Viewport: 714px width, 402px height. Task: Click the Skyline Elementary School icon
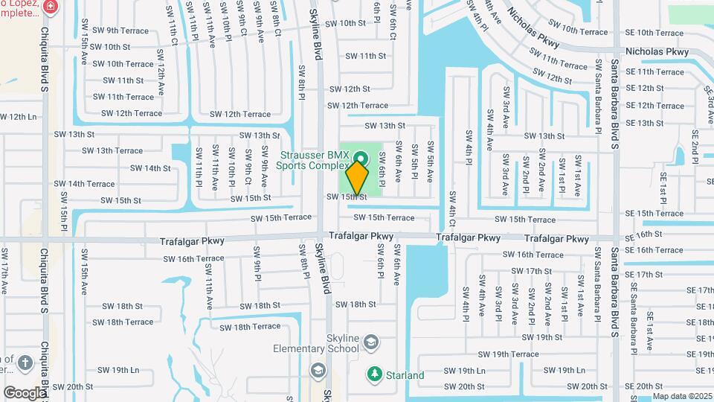[370, 343]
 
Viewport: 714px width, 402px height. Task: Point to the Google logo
[25, 392]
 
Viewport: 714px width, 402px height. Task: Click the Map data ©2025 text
[682, 397]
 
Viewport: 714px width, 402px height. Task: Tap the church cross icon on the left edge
[25, 363]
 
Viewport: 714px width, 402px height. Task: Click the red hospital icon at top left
[50, 7]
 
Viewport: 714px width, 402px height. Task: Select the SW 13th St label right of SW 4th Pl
[544, 136]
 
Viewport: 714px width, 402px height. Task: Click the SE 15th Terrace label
[654, 214]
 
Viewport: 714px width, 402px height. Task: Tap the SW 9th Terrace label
[118, 31]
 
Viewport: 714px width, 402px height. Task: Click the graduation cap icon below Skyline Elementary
[318, 371]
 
